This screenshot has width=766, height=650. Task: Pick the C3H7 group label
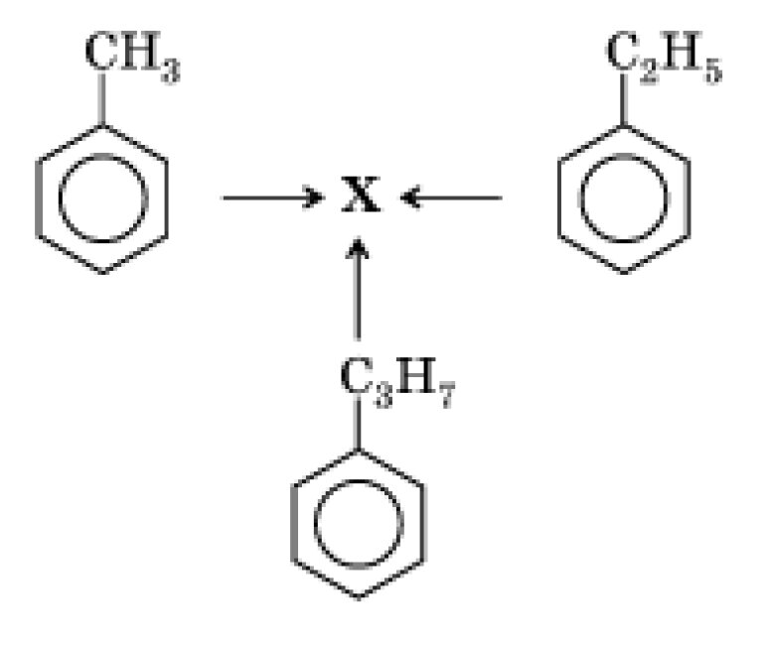[x=396, y=380]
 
